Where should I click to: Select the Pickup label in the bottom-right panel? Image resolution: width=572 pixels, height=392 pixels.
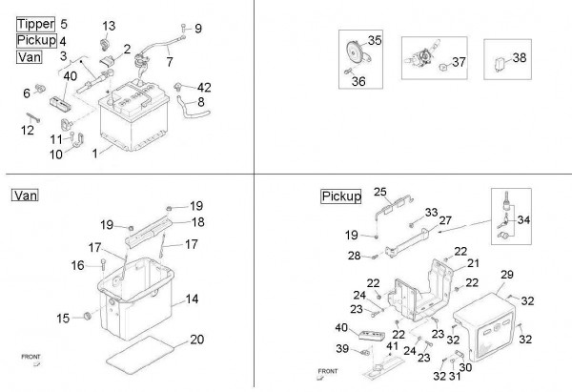pyautogui.click(x=341, y=196)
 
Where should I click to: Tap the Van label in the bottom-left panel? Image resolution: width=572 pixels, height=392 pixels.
pyautogui.click(x=25, y=196)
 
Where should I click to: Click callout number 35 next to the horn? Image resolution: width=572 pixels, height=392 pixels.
pyautogui.click(x=375, y=41)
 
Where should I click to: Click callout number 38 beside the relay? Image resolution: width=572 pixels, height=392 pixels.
pyautogui.click(x=520, y=57)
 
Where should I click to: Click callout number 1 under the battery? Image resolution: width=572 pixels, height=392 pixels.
pyautogui.click(x=94, y=153)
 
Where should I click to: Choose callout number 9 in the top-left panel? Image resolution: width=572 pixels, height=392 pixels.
pyautogui.click(x=198, y=29)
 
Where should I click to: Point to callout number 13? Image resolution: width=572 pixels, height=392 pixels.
pyautogui.click(x=108, y=25)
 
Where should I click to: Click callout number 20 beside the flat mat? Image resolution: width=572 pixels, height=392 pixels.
pyautogui.click(x=196, y=340)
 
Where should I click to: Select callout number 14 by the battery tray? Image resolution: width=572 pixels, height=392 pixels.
pyautogui.click(x=192, y=299)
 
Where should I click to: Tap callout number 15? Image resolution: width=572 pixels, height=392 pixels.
pyautogui.click(x=63, y=318)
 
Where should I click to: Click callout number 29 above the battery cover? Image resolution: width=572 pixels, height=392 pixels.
pyautogui.click(x=506, y=274)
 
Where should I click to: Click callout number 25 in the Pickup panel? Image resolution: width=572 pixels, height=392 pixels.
pyautogui.click(x=379, y=192)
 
